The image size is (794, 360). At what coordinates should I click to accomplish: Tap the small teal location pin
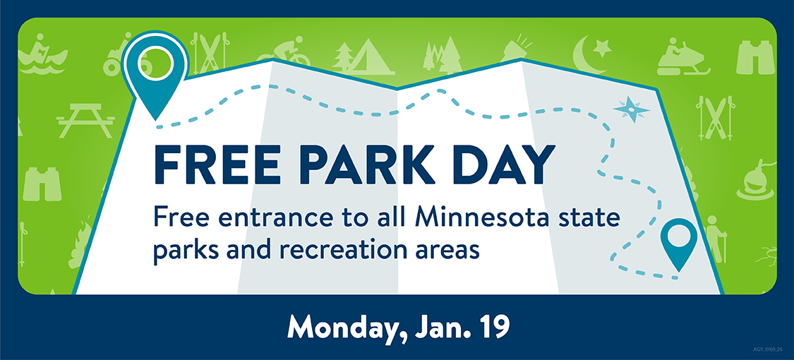678,241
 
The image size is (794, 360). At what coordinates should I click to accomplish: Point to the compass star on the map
630,109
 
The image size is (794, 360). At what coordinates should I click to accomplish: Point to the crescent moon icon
588,55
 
